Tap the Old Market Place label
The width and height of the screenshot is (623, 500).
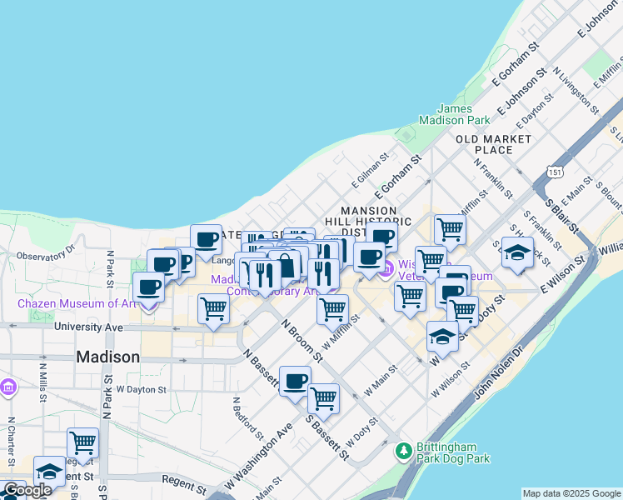493,143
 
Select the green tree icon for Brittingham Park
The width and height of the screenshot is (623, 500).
404,451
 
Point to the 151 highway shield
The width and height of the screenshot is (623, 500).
554,171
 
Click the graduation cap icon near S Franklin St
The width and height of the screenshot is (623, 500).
517,253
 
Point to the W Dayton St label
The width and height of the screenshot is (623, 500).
142,389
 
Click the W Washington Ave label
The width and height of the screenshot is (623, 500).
259,461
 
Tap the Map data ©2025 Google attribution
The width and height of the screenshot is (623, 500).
571,493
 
